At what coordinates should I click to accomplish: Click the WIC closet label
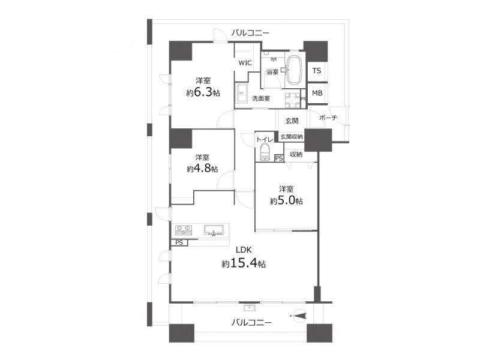point(245,63)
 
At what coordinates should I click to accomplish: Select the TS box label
point(317,71)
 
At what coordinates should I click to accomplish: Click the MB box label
point(317,93)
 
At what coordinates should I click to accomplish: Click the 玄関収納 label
point(292,137)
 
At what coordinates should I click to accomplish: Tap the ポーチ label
point(328,118)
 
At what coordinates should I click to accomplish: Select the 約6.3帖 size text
point(203,92)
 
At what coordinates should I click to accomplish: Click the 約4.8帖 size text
point(202,169)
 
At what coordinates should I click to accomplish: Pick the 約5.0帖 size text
point(287,200)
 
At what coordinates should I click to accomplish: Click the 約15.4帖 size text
point(244,263)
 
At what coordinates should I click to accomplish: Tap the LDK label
point(244,250)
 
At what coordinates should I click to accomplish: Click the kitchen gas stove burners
point(184,230)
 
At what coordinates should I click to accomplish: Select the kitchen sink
point(214,230)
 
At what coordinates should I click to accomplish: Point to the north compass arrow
point(299,316)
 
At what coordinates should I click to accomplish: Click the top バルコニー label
point(250,32)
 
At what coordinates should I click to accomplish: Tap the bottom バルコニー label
point(251,322)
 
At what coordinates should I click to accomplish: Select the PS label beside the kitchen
point(179,242)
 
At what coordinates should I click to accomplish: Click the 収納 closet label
point(296,155)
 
